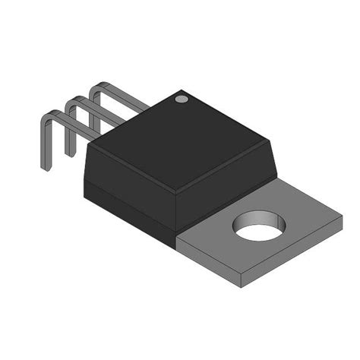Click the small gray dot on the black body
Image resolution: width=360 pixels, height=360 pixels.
tap(181, 98)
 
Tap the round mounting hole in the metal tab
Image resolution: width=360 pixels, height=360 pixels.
tap(259, 227)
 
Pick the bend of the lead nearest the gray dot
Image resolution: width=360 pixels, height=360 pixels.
tap(96, 91)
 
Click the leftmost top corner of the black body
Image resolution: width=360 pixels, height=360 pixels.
tap(90, 144)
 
